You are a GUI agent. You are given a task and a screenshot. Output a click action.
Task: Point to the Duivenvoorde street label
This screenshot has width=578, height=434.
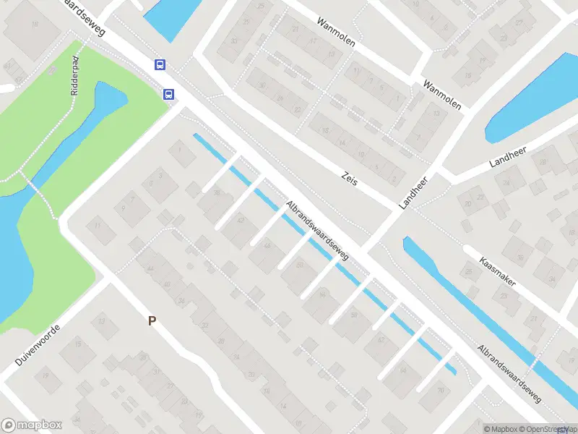36,344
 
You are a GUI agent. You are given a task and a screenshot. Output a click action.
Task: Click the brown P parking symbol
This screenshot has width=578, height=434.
152,320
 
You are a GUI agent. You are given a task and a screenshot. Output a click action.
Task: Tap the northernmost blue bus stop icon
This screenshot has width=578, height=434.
160,64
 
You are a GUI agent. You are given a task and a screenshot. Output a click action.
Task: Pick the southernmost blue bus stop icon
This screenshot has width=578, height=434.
168,93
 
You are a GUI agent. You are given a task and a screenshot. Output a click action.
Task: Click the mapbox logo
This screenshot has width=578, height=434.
32,425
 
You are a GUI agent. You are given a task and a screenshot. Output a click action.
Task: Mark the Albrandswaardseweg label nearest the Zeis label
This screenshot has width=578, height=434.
318,231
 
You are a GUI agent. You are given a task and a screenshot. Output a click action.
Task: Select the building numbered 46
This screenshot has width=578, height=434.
268,247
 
